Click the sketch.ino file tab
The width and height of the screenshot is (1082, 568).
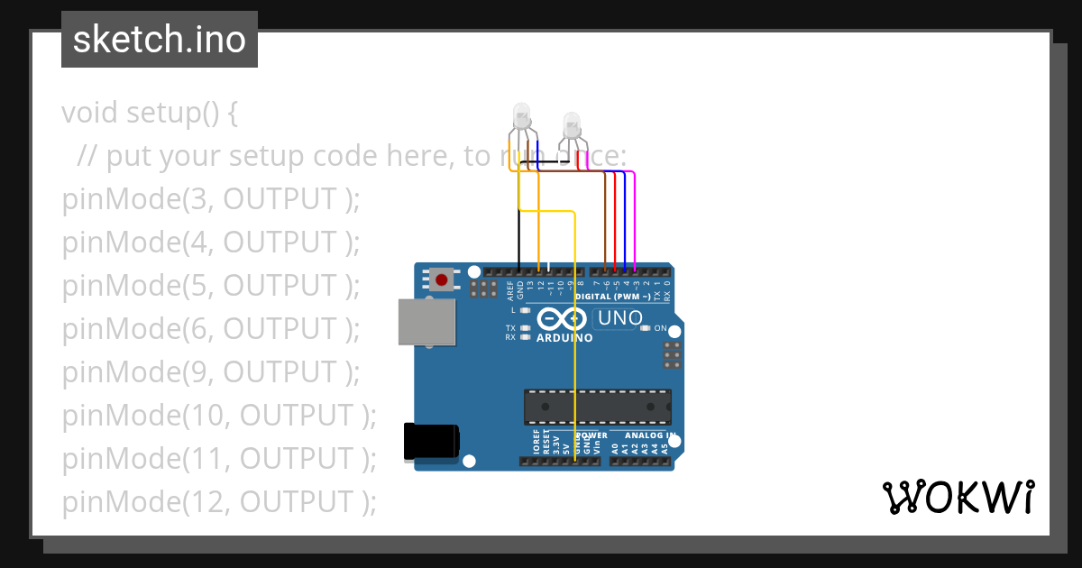click(x=160, y=40)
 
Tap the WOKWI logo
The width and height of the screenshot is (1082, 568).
click(x=958, y=498)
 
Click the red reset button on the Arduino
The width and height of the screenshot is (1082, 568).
click(x=441, y=280)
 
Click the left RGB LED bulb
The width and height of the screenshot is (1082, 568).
click(x=521, y=115)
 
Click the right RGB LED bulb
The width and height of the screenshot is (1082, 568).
click(x=572, y=124)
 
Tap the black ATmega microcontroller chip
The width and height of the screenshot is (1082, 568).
click(x=598, y=407)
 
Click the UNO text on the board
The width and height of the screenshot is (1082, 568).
click(x=620, y=318)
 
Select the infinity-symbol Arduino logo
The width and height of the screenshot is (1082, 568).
click(x=564, y=319)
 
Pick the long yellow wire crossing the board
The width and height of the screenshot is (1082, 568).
click(x=575, y=343)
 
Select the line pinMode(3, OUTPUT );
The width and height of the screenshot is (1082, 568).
click(x=211, y=199)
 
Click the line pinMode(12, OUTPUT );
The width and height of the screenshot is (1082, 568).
click(x=219, y=501)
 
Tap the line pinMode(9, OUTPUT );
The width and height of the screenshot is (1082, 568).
click(x=211, y=371)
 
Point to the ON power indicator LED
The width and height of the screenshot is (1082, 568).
click(x=646, y=328)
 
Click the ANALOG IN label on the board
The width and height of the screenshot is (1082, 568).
click(x=644, y=435)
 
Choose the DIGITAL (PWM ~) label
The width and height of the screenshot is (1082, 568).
click(x=627, y=296)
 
